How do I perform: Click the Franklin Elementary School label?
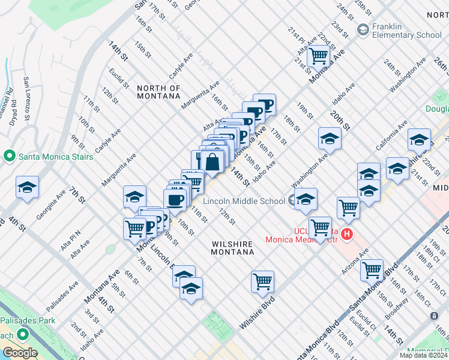pos(407,30)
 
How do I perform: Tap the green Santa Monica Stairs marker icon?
pos(9,157)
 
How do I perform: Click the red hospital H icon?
pos(347,233)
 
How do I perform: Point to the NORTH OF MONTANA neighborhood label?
pos(158,92)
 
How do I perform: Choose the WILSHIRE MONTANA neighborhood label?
pos(232,248)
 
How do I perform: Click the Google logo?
pos(20,353)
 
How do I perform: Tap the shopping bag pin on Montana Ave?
pos(212,161)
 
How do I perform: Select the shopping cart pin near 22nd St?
pos(318,56)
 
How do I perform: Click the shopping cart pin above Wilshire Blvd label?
pos(262,281)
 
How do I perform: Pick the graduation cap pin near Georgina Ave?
pos(28,188)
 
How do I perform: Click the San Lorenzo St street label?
pos(27,96)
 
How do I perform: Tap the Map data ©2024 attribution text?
pos(423,355)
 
